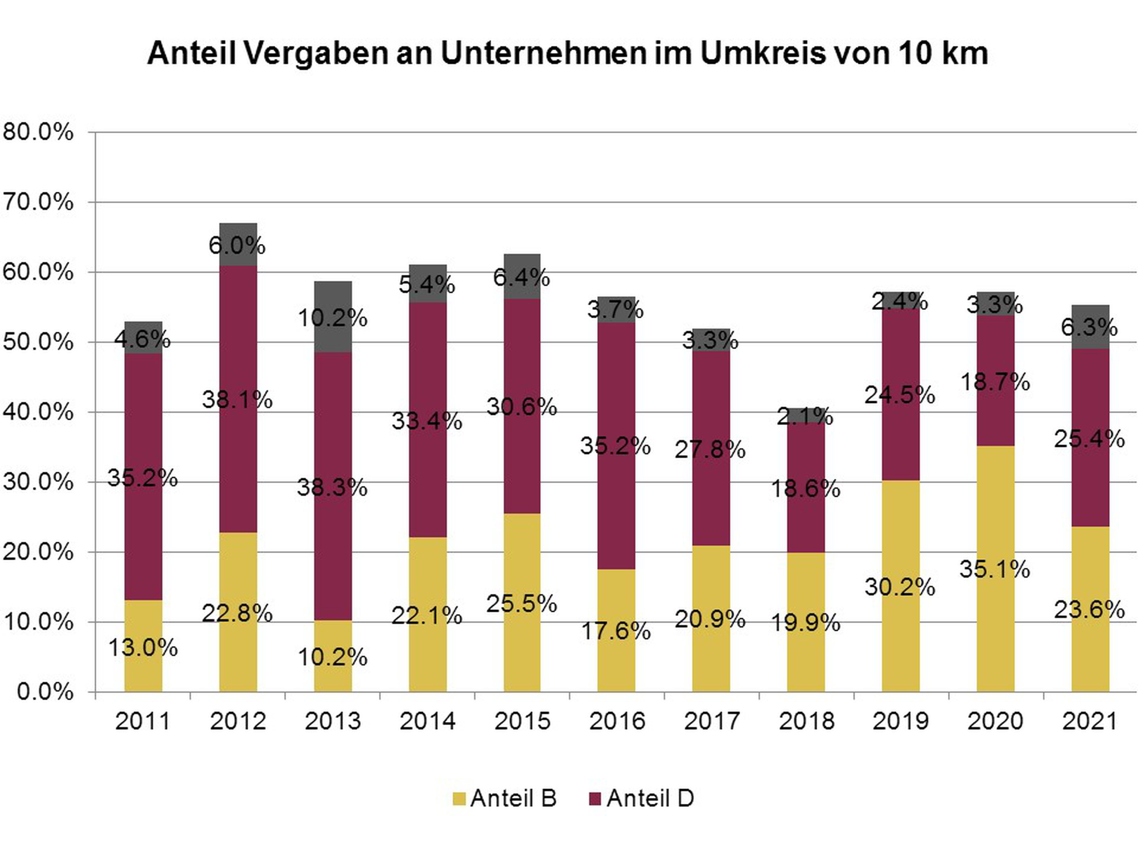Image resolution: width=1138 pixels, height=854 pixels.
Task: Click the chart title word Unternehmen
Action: [543, 53]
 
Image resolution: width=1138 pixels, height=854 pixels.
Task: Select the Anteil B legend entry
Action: [504, 798]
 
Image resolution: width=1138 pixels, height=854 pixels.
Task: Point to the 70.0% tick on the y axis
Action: [38, 202]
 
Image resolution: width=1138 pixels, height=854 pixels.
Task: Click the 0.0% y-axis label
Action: [45, 692]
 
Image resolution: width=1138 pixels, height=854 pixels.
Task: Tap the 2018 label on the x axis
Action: [806, 721]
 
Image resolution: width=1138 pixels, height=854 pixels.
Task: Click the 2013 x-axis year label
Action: [332, 721]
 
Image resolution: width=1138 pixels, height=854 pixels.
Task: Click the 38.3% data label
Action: [332, 487]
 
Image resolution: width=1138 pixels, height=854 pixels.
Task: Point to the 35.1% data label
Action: [995, 569]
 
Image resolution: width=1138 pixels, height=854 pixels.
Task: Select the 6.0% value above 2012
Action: [237, 246]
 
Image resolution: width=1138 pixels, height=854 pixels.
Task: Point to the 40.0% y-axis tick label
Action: [38, 412]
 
